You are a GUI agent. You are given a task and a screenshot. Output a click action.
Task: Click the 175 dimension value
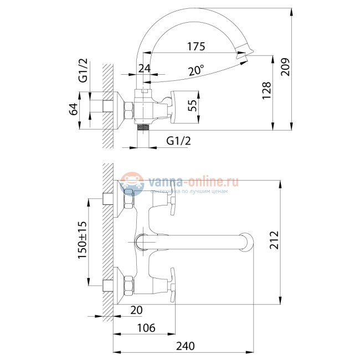click(x=196, y=47)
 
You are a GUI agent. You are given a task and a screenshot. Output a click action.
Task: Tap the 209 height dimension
click(x=286, y=67)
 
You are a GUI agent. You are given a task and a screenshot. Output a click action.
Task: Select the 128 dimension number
click(x=266, y=90)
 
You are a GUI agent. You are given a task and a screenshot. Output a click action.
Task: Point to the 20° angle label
click(x=196, y=70)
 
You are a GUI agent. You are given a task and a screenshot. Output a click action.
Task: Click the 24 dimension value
click(x=145, y=68)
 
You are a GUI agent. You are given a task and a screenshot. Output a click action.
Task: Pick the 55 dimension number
click(x=192, y=105)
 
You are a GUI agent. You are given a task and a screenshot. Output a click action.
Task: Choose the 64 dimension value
click(x=74, y=109)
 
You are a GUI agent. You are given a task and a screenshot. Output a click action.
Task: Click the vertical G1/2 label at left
click(x=83, y=70)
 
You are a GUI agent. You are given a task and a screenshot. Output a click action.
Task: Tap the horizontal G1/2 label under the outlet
click(x=179, y=141)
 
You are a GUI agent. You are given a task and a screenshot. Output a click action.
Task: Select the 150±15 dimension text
click(x=82, y=240)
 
